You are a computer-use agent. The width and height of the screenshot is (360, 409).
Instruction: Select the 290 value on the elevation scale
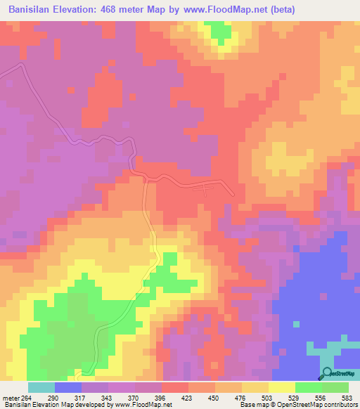pos(67,397)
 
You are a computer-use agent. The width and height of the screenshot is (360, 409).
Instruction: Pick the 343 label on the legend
pos(121,397)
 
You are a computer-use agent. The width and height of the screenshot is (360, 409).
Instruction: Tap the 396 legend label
pos(174,397)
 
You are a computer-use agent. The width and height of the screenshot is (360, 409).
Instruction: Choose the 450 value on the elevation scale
pos(229,397)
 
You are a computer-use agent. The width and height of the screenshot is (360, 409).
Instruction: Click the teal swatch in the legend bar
pos(41,387)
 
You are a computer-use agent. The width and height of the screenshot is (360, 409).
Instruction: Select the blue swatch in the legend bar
pos(67,387)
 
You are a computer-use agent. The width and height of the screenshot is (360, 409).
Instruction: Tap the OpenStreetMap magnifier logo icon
pos(328,373)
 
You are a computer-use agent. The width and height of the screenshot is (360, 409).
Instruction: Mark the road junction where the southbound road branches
pos(145,180)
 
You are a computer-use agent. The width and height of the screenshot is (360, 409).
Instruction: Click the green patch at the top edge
pos(220,31)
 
